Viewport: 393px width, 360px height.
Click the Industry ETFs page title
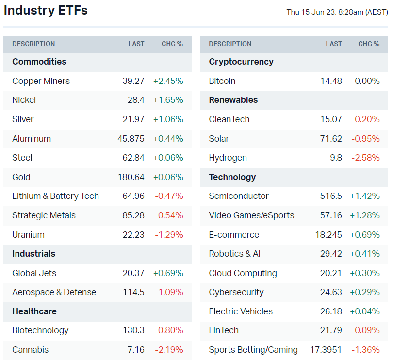click(46, 11)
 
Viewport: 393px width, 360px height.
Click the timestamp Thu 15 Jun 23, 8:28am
click(337, 12)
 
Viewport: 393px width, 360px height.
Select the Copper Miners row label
click(41, 81)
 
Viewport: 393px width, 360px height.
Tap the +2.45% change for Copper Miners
click(168, 81)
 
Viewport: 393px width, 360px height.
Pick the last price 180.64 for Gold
click(131, 177)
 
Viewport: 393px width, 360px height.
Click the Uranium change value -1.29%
click(169, 235)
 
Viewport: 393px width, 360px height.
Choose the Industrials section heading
click(33, 254)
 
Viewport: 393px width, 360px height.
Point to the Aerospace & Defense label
click(54, 292)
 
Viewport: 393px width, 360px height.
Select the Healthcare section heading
click(34, 311)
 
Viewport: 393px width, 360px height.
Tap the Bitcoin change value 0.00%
click(367, 81)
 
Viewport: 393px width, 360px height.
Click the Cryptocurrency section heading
click(241, 62)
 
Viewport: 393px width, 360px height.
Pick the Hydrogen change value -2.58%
click(365, 158)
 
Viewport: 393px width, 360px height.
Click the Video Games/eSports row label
click(251, 215)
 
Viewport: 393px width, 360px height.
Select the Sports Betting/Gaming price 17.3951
click(326, 350)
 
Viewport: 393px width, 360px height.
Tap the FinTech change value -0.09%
click(365, 330)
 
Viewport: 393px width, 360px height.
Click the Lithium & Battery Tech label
click(55, 196)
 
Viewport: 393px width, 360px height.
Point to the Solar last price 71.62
click(331, 139)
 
